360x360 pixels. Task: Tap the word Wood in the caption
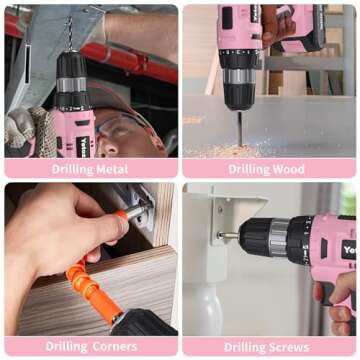coord(290,169)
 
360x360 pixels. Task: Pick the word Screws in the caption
coord(289,347)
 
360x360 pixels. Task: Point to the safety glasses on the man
coord(118,125)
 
